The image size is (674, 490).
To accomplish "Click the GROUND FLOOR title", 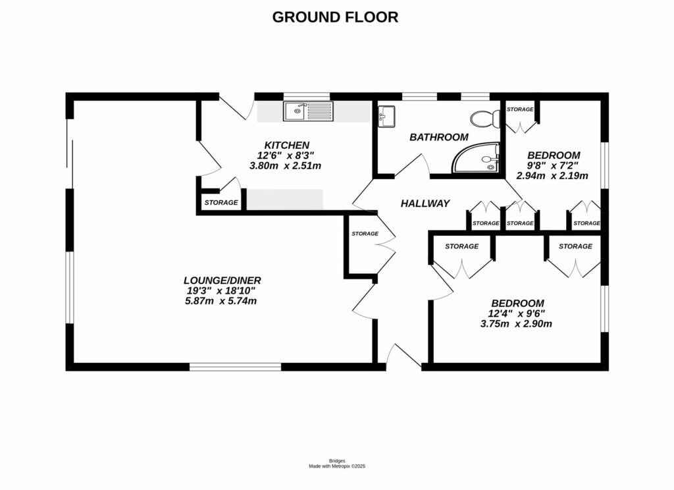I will tap(335, 17).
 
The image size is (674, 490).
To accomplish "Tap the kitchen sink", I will tap(309, 111).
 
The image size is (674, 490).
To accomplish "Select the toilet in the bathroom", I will tap(486, 119).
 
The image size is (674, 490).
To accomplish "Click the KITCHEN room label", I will tap(286, 145).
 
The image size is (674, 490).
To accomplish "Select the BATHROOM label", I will tap(438, 138).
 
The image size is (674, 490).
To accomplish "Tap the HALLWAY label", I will tap(425, 204).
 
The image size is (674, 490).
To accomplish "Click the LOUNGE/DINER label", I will tap(219, 280).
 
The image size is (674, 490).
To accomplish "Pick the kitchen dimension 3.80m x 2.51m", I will tap(285, 166).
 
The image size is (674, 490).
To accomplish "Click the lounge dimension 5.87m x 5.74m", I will tap(220, 301).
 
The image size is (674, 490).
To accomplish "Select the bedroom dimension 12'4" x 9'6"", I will tap(516, 313).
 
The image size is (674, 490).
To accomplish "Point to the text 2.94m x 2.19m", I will tap(552, 176).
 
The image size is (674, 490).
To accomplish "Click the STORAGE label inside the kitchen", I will tap(220, 202).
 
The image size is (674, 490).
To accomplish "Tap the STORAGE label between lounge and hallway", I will tap(365, 234).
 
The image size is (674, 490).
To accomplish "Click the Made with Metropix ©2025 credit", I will tap(336, 466).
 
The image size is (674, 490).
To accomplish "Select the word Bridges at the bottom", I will tap(336, 460).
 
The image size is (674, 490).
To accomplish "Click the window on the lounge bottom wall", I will tap(235, 366).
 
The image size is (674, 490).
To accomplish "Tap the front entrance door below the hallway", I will tap(403, 357).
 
